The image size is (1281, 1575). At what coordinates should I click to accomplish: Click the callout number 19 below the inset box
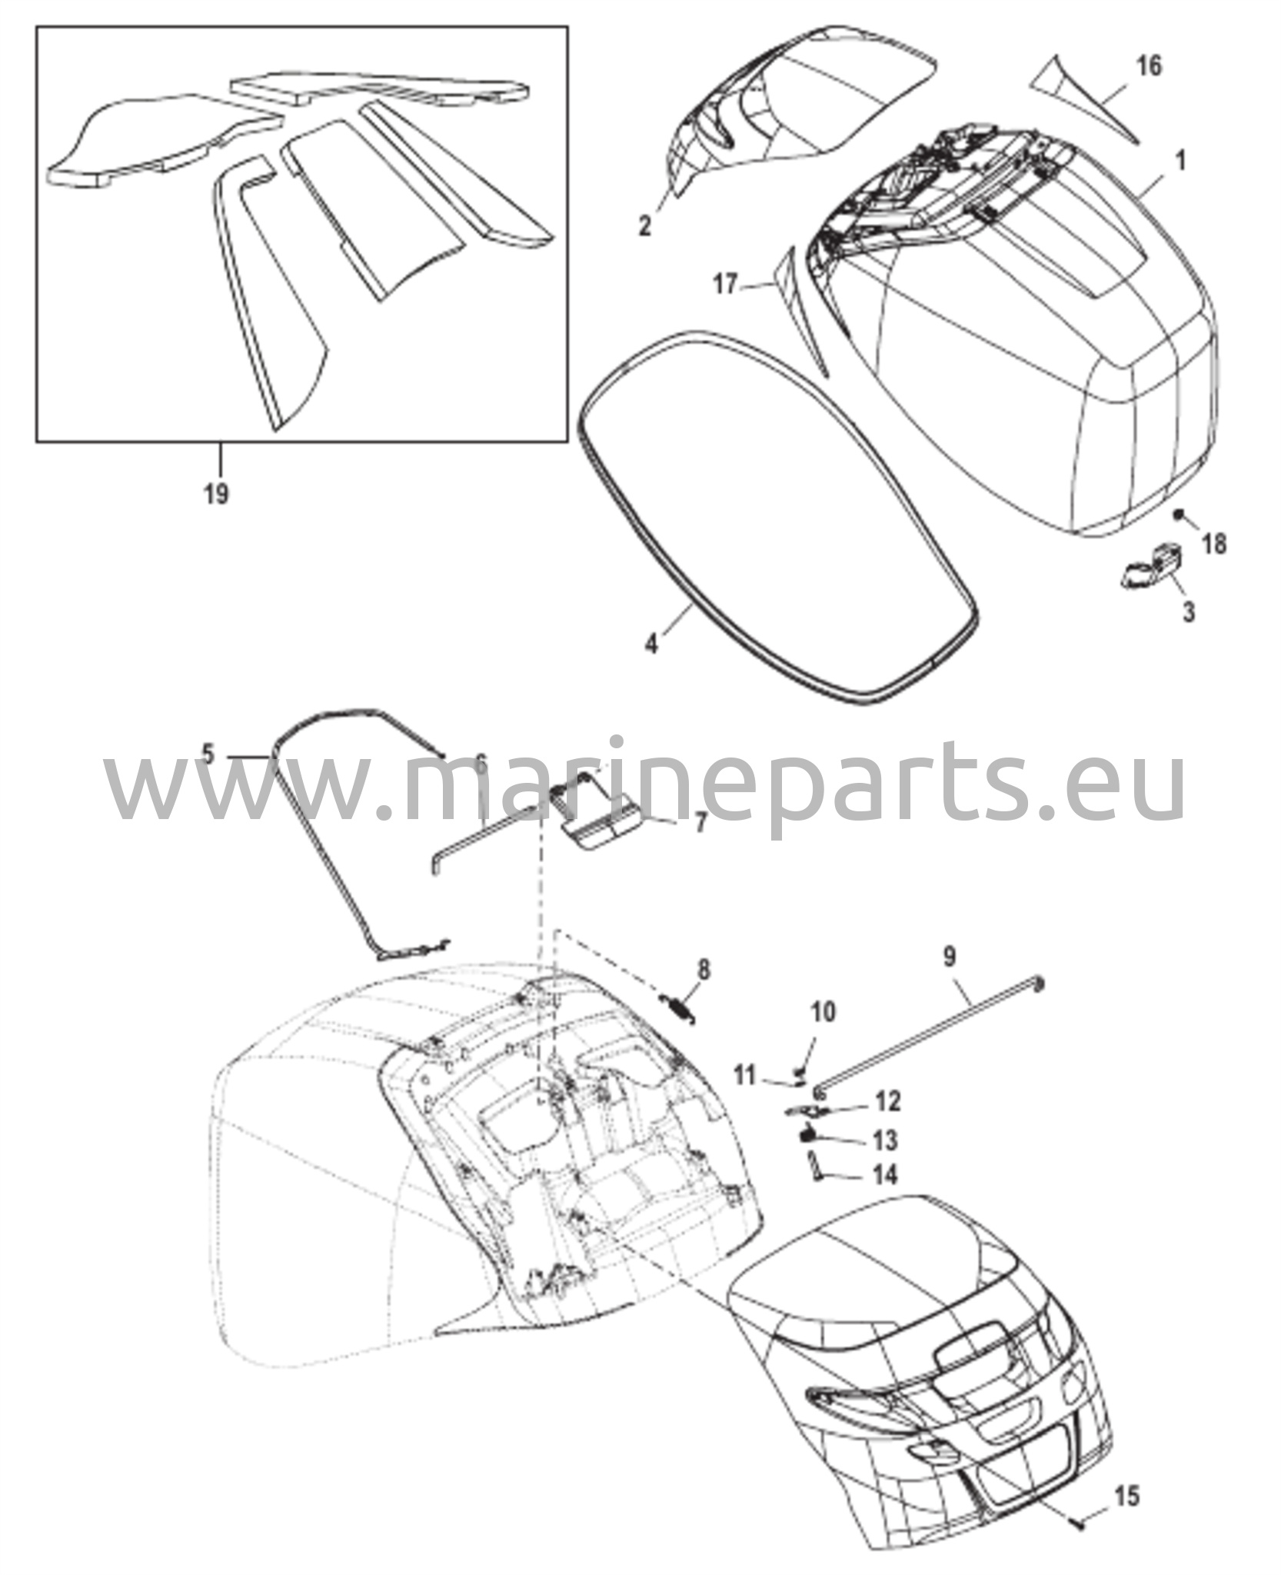point(217,493)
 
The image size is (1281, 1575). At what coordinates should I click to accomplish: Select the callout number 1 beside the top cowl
point(1181,161)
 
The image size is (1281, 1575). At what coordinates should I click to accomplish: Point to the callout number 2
point(644,225)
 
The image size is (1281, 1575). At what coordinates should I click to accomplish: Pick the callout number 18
point(1215,544)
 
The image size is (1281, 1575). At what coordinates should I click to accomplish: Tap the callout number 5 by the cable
point(208,754)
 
